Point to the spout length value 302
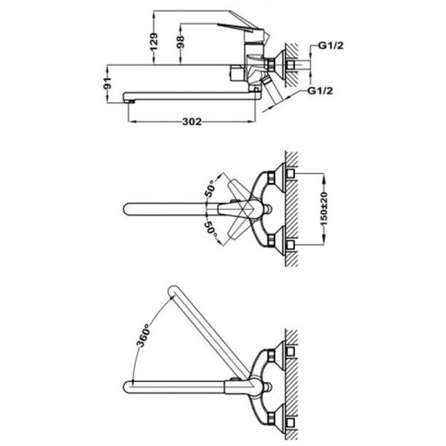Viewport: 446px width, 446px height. [x=192, y=123]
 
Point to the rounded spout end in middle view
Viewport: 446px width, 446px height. [x=126, y=208]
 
